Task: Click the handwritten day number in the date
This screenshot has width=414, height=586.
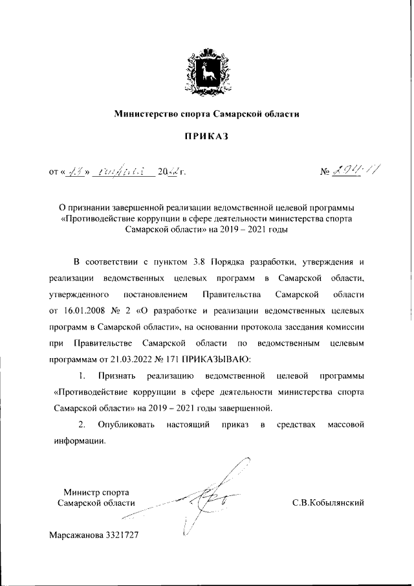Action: pos(76,172)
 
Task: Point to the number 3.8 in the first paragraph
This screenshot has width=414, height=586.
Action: pos(199,263)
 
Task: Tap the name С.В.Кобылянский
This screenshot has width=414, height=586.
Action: pos(329,502)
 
